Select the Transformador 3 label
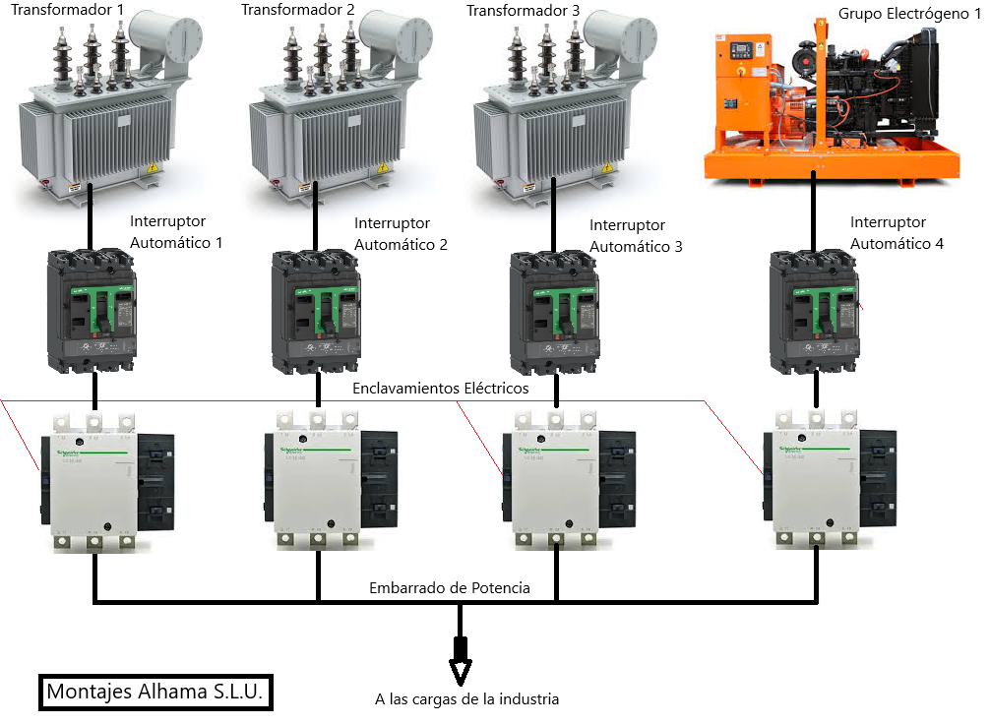pyautogui.click(x=524, y=11)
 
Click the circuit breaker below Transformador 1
pyautogui.click(x=93, y=309)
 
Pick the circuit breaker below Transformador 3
pyautogui.click(x=554, y=310)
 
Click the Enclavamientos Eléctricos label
pyautogui.click(x=440, y=389)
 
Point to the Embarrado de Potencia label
pyautogui.click(x=450, y=587)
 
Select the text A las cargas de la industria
pyautogui.click(x=466, y=699)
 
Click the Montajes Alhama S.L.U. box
pyautogui.click(x=155, y=692)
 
